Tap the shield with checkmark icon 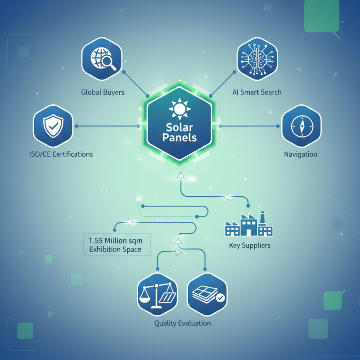click(53, 127)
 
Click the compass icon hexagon click(301, 127)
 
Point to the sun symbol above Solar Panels click(180, 108)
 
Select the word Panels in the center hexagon click(180, 137)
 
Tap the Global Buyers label click(103, 92)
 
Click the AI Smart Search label click(257, 92)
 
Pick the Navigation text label click(301, 154)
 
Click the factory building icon click(248, 224)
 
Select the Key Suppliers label click(249, 246)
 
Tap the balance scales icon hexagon click(157, 294)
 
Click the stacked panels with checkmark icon click(207, 294)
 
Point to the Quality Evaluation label click(182, 323)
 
